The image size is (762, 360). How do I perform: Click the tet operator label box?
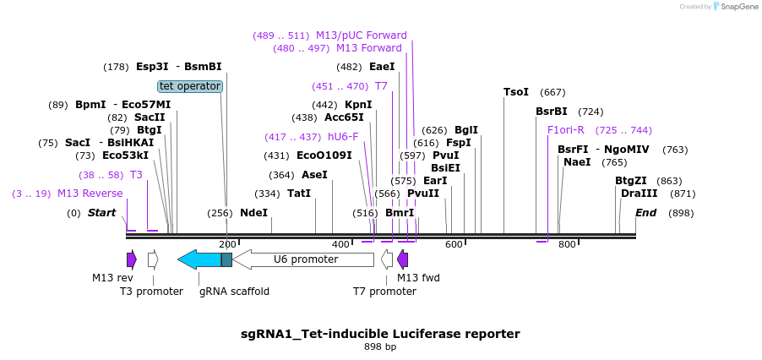pyautogui.click(x=190, y=86)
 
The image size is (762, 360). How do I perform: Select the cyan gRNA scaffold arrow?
pyautogui.click(x=199, y=259)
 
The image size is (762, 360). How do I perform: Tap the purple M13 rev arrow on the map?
pyautogui.click(x=131, y=259)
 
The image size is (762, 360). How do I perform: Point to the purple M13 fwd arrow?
pyautogui.click(x=403, y=259)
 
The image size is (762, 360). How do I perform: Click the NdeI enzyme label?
pyautogui.click(x=253, y=213)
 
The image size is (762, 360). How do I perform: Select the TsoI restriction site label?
pyautogui.click(x=515, y=91)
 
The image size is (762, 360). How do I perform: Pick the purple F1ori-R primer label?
pyautogui.click(x=566, y=130)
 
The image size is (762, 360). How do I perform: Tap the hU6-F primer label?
pyautogui.click(x=343, y=137)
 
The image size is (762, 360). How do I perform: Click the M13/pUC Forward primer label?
pyautogui.click(x=362, y=35)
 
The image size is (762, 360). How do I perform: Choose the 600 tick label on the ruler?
pyautogui.click(x=454, y=245)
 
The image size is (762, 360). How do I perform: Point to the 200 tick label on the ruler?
pyautogui.click(x=227, y=245)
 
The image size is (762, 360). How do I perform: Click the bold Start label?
pyautogui.click(x=101, y=213)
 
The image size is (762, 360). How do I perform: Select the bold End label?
pyautogui.click(x=645, y=213)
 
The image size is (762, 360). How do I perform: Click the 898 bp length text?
pyautogui.click(x=380, y=347)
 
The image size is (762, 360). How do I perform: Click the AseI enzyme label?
pyautogui.click(x=314, y=175)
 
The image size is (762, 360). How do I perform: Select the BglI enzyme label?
pyautogui.click(x=466, y=130)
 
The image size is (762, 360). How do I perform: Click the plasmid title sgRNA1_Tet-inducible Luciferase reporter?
pyautogui.click(x=380, y=334)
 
